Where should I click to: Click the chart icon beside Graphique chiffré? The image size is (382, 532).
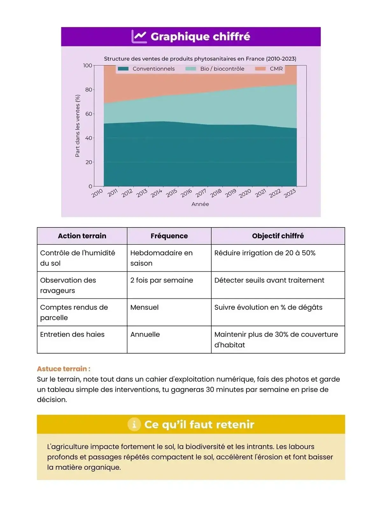tap(139, 37)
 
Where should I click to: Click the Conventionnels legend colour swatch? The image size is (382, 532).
tap(123, 69)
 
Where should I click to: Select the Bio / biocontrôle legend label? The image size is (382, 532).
tap(222, 69)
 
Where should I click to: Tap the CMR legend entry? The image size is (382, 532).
tap(276, 69)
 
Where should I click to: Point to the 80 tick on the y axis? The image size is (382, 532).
tap(88, 90)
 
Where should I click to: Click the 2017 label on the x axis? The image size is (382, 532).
tap(201, 193)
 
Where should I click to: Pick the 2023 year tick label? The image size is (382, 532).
tap(290, 193)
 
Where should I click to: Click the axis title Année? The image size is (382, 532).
tap(200, 204)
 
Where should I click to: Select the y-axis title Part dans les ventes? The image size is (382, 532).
tap(77, 126)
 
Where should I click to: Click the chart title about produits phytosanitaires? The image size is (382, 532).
tap(200, 59)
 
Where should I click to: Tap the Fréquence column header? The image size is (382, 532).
tap(169, 236)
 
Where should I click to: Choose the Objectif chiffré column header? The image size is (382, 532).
tap(278, 236)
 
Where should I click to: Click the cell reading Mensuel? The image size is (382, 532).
tap(145, 307)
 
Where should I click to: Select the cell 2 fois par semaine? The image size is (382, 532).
tap(162, 280)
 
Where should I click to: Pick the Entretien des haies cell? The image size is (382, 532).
tap(72, 334)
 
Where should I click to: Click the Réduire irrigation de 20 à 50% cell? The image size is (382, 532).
tap(265, 253)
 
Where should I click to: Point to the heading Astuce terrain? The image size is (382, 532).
tap(64, 369)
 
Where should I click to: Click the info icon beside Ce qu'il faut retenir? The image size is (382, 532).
tap(134, 424)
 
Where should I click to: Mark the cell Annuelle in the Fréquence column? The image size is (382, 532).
tap(145, 334)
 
